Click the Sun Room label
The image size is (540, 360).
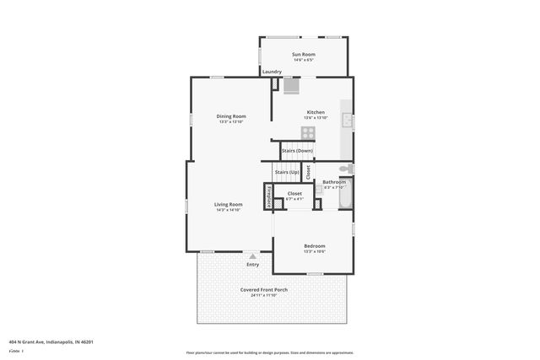303,54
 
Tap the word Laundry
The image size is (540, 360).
272,72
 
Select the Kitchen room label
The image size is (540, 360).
316,112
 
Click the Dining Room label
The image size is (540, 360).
230,116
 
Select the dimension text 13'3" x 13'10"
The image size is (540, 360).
230,122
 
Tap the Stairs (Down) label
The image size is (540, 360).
297,151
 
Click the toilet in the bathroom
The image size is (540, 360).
349,169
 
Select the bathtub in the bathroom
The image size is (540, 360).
344,199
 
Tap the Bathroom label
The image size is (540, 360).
334,182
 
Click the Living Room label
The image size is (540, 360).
228,203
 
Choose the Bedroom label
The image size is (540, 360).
315,245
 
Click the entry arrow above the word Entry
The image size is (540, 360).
252,255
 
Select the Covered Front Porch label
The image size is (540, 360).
264,289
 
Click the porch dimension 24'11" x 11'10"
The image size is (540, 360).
264,296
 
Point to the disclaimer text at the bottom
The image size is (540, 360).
269,352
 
